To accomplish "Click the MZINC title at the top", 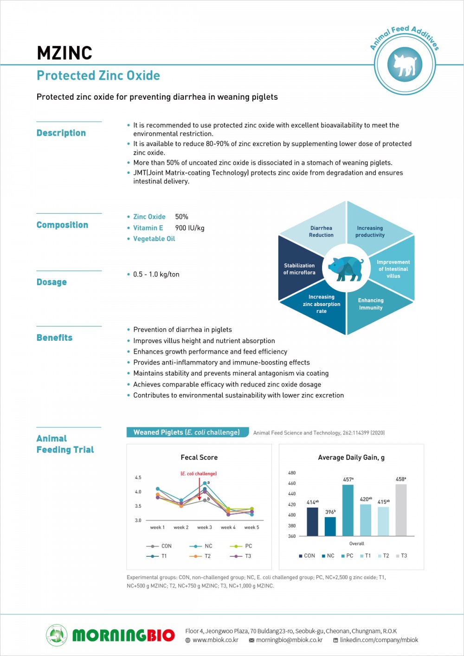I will [x=64, y=53].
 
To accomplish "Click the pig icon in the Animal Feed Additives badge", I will [x=405, y=64].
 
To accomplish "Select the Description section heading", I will [x=61, y=133].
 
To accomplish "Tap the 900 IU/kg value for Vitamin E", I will [x=190, y=228].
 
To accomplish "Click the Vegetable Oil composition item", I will [x=154, y=239].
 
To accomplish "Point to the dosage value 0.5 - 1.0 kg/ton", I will [x=156, y=274].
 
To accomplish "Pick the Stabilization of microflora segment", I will [x=299, y=269].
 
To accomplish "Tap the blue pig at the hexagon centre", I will [x=346, y=268].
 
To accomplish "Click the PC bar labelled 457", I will [x=348, y=510].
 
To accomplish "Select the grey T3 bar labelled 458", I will [x=401, y=510].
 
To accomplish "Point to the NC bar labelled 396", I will [x=330, y=526].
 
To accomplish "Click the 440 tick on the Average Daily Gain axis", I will [x=292, y=494].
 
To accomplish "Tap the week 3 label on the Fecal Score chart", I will [x=205, y=527].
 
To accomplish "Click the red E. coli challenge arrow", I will [x=200, y=489].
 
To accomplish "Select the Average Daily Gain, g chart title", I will [x=351, y=458].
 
